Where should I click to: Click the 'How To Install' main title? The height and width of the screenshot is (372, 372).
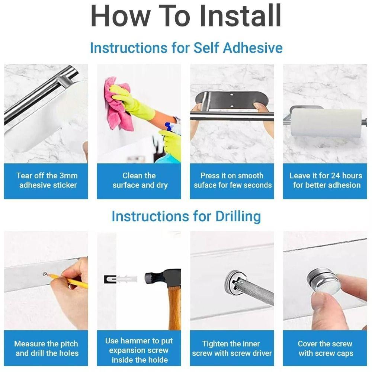click(x=186, y=17)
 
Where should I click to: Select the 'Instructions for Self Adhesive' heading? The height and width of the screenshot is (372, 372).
click(x=186, y=48)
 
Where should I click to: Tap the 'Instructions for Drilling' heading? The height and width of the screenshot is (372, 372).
click(x=186, y=216)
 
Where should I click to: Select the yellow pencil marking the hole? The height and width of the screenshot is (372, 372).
click(x=71, y=281)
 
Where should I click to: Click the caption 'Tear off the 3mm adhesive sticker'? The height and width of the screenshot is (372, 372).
click(x=46, y=180)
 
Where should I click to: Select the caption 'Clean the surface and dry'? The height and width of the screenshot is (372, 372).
click(x=139, y=180)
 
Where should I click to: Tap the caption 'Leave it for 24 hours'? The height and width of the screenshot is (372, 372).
click(x=325, y=180)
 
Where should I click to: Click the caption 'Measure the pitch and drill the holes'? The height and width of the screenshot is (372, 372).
click(x=46, y=349)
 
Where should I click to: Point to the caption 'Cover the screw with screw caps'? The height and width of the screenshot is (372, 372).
click(x=325, y=349)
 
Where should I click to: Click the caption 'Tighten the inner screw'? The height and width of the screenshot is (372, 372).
click(x=231, y=349)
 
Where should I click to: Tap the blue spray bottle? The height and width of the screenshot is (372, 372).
click(x=169, y=149)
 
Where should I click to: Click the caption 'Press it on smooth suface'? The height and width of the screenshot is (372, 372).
click(x=232, y=180)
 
